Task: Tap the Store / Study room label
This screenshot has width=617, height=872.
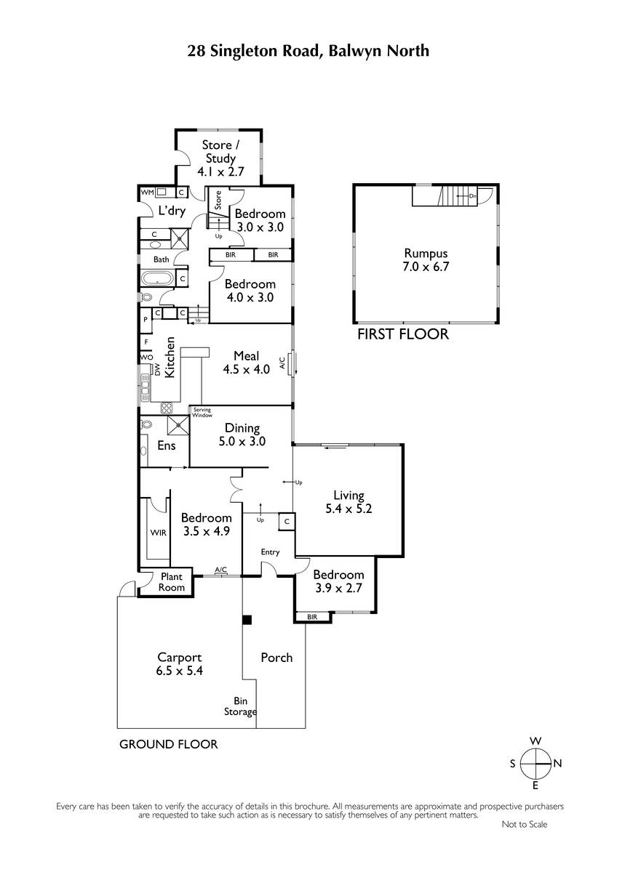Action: [x=220, y=151]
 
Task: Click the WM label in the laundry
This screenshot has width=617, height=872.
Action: [x=147, y=192]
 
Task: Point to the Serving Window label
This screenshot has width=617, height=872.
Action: [x=202, y=412]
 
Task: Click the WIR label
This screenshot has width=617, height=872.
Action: [x=158, y=533]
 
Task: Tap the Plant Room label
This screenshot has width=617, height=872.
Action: [x=172, y=582]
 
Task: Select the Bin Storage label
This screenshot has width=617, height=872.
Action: [x=240, y=706]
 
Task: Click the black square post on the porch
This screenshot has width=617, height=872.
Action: [x=247, y=620]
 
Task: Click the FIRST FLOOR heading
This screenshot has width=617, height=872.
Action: [x=403, y=334]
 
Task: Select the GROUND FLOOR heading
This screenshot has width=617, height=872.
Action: [x=168, y=744]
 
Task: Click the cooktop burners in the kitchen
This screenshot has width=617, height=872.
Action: [x=167, y=408]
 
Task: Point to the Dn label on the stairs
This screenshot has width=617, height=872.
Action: [x=472, y=195]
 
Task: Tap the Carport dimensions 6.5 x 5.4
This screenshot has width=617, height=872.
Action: [x=179, y=671]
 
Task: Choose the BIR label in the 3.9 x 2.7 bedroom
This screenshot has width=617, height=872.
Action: [x=312, y=617]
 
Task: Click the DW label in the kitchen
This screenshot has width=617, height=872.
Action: [x=157, y=369]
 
